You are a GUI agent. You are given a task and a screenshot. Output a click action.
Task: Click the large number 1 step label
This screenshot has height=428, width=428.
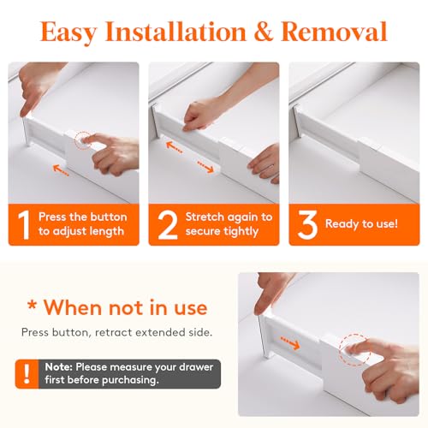click(25, 224)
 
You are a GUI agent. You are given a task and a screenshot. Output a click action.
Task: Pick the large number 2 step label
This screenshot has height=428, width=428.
click(167, 224)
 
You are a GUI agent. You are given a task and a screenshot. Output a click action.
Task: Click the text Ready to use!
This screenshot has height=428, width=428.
click(361, 224)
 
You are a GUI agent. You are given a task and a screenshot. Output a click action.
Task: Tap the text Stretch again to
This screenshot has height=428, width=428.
click(229, 217)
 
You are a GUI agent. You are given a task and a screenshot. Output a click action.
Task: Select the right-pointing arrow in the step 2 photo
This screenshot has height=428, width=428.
click(207, 163)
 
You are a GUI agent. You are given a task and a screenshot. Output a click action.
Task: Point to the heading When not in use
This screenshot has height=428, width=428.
click(115, 306)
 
